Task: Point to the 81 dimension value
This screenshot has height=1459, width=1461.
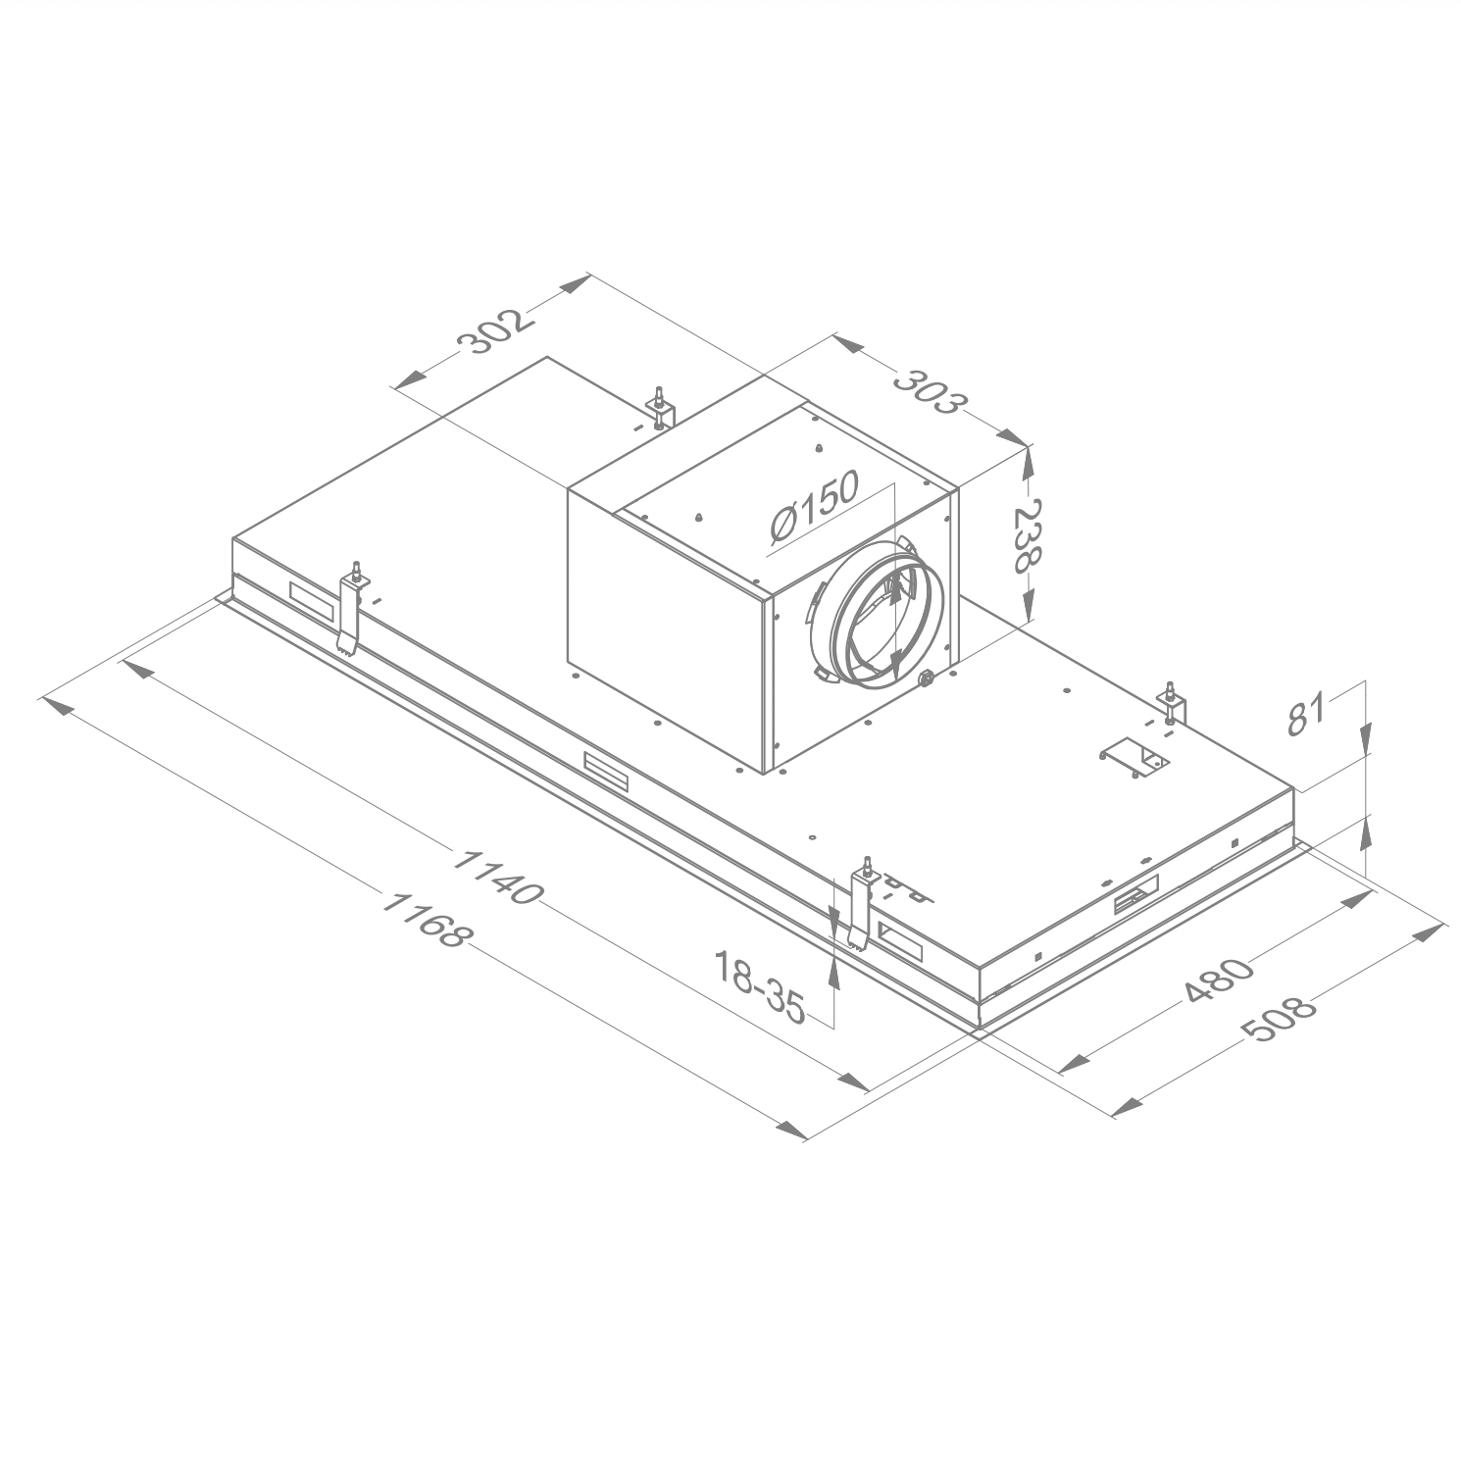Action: (x=1307, y=713)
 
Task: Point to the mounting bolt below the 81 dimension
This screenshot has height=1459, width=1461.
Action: (x=1172, y=703)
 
